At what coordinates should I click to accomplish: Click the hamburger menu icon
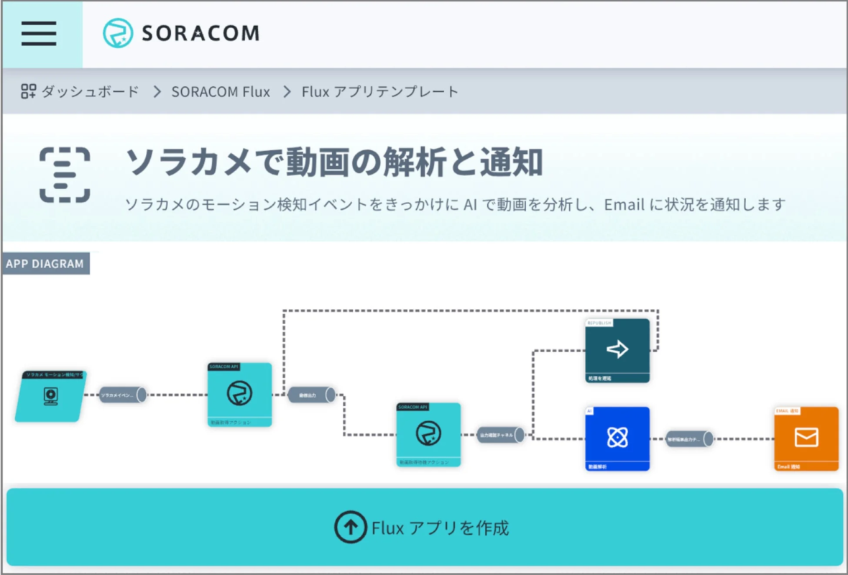click(x=39, y=33)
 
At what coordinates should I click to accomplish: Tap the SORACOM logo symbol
click(x=117, y=33)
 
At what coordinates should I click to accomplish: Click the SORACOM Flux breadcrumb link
click(x=221, y=92)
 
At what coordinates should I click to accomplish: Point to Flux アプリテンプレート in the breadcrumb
click(x=379, y=92)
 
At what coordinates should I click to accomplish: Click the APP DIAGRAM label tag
click(x=45, y=264)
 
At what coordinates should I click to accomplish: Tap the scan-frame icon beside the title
click(x=65, y=175)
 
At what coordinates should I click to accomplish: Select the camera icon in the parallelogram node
click(x=50, y=395)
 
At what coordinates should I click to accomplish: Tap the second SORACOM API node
click(x=428, y=434)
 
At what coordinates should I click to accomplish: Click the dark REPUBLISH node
click(x=617, y=350)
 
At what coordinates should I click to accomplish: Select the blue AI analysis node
click(x=617, y=438)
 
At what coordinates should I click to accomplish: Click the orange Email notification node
click(x=806, y=438)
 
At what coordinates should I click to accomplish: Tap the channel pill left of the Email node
click(x=689, y=438)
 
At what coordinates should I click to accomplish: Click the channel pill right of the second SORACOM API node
click(x=500, y=434)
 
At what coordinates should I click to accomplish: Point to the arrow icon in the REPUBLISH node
click(x=617, y=349)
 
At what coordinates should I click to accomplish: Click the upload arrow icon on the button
click(x=351, y=528)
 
